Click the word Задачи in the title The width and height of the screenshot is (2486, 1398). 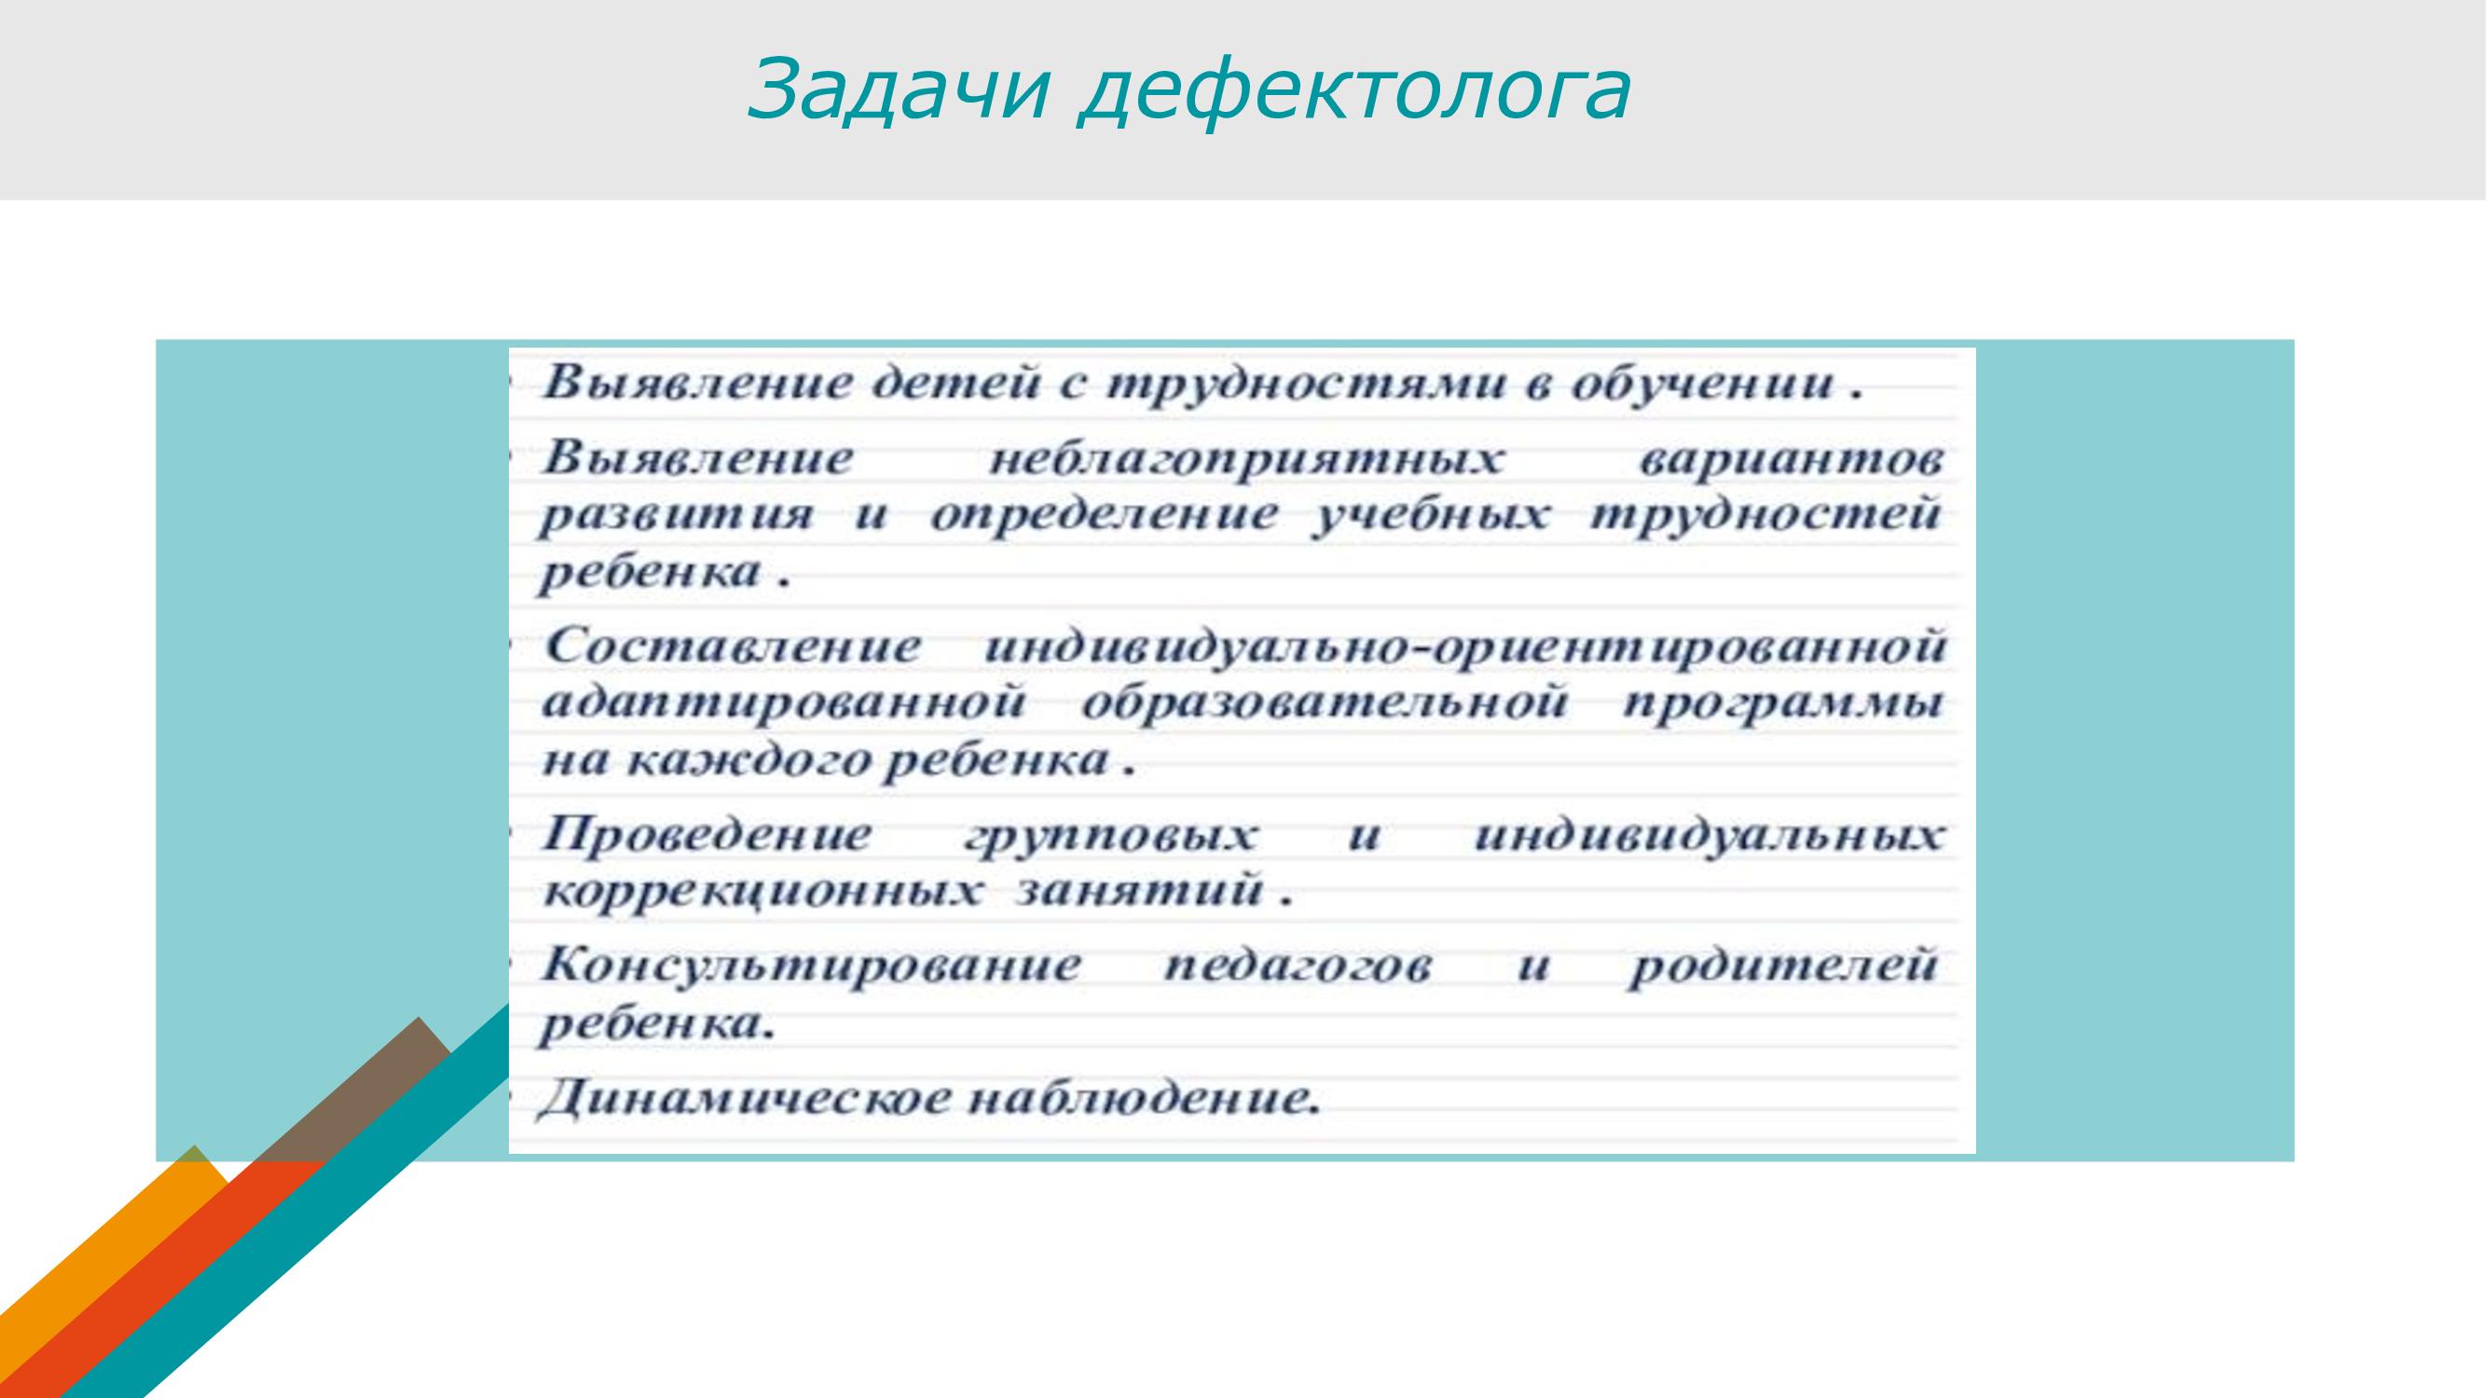tap(898, 89)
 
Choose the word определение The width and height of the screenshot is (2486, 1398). tap(1104, 517)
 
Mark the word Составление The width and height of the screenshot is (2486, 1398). tap(733, 646)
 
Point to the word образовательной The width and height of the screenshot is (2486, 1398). tap(1324, 704)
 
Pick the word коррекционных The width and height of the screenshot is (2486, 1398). tap(762, 890)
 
